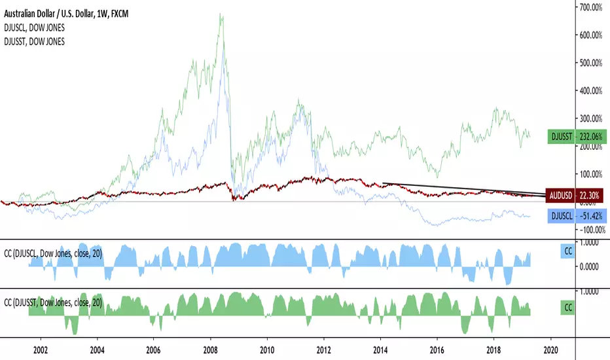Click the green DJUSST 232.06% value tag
point(577,137)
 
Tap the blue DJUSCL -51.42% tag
point(577,216)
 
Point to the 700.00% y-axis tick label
point(590,7)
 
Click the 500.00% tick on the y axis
point(590,63)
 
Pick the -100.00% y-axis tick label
point(592,230)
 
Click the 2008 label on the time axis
point(210,350)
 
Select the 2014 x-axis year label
point(380,350)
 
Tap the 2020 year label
point(550,350)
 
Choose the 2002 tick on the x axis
point(41,350)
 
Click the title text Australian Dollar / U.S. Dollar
point(48,14)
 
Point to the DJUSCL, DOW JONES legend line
point(34,27)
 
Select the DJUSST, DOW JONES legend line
point(34,42)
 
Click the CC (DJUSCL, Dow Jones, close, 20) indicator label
point(53,254)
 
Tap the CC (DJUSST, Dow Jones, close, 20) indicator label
point(53,302)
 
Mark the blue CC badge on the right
point(568,251)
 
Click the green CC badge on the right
point(568,308)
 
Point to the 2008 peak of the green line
point(220,14)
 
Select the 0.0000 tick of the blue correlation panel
point(589,267)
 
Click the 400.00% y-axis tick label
point(590,91)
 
